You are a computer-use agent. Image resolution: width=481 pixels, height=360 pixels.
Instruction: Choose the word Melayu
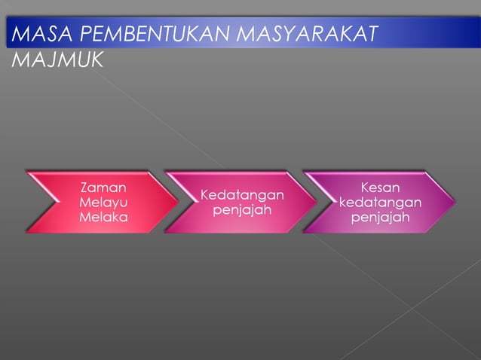[x=103, y=203]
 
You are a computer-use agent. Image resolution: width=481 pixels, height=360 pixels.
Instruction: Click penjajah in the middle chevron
[x=241, y=210]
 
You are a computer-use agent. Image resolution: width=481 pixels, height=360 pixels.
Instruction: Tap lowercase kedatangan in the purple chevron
[x=381, y=203]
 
